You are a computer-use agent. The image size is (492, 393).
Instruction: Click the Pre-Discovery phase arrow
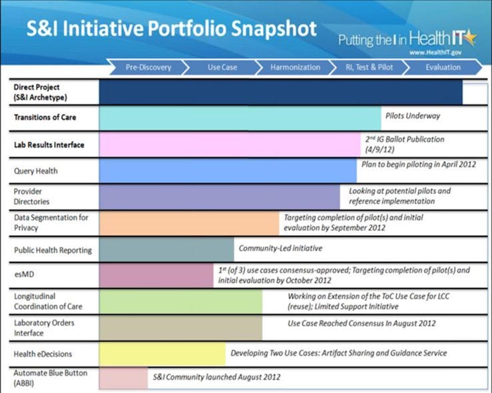(x=148, y=67)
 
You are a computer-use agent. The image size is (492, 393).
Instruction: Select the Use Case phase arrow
(x=222, y=67)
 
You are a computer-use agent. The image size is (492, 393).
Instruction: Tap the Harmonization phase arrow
(x=295, y=67)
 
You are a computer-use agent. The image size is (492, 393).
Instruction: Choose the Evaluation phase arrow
(x=443, y=67)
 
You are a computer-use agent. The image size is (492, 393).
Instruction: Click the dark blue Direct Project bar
(x=280, y=93)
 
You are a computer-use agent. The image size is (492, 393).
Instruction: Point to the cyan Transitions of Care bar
(x=240, y=119)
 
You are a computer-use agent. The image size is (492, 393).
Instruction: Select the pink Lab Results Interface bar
(x=229, y=145)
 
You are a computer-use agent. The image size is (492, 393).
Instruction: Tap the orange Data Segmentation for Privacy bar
(x=189, y=223)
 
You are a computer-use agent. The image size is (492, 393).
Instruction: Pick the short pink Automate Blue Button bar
(x=123, y=378)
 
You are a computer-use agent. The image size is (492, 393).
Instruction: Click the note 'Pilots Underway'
(x=413, y=116)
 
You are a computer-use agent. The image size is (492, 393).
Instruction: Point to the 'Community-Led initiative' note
(x=280, y=248)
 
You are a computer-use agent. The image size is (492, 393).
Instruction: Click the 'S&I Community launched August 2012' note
(x=216, y=377)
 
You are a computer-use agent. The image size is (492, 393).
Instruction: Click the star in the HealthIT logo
(x=471, y=37)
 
